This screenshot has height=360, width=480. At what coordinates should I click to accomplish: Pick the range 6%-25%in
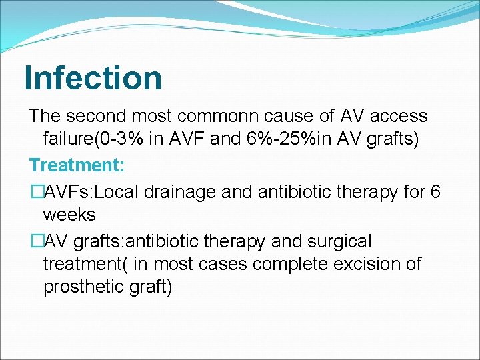coord(295,140)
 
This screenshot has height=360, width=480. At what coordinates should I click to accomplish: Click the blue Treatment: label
coord(73,164)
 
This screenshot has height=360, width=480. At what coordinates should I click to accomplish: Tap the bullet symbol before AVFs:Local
coord(36,191)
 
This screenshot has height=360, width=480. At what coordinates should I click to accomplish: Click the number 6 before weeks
coord(435,191)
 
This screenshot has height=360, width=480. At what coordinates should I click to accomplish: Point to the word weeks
coord(69,215)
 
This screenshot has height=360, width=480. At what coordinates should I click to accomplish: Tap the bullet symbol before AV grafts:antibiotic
coord(36,241)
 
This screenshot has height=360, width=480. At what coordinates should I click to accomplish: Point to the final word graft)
coord(151,287)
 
